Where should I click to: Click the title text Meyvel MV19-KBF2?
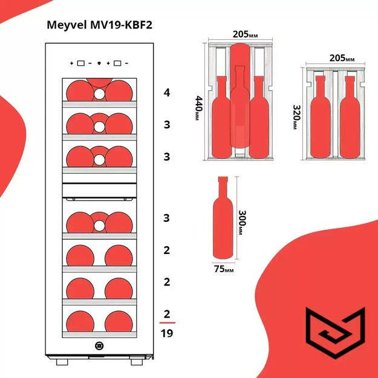95,25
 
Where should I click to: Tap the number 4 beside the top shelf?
167,93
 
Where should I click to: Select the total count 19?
167,334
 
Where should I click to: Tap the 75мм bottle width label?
224,270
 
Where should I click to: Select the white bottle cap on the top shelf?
99,94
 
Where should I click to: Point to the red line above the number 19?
167,324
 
